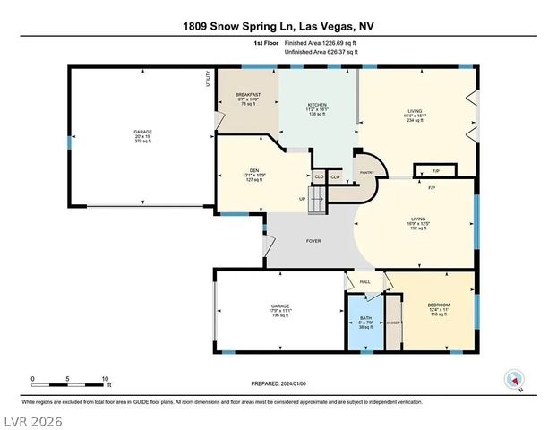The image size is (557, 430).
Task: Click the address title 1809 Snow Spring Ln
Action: [278, 27]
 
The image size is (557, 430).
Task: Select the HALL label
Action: [365, 282]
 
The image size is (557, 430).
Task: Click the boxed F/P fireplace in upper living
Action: [424, 170]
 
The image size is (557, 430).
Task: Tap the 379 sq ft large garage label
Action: [143, 136]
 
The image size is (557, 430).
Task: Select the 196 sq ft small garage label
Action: [280, 311]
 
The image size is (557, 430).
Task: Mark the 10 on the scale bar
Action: [107, 379]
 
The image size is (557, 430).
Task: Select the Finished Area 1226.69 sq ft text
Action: [320, 42]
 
